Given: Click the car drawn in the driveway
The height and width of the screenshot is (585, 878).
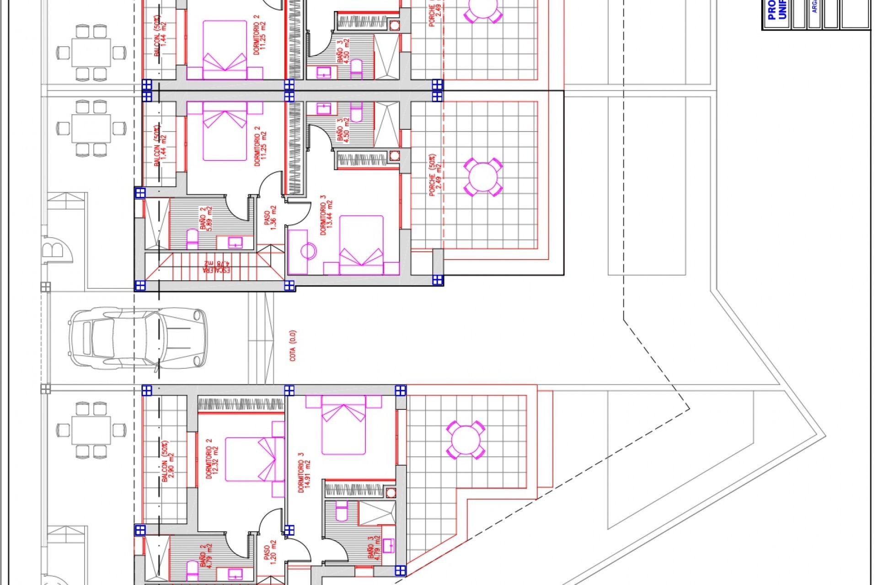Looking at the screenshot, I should click(x=137, y=338).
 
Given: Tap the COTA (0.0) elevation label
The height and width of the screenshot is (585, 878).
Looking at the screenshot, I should click(x=293, y=346).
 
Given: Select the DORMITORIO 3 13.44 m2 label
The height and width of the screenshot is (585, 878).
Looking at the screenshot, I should click(x=327, y=216).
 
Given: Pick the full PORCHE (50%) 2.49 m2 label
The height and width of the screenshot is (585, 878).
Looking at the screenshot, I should click(x=433, y=175).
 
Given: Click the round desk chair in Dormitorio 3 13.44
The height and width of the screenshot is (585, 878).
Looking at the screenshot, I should click(x=309, y=251).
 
